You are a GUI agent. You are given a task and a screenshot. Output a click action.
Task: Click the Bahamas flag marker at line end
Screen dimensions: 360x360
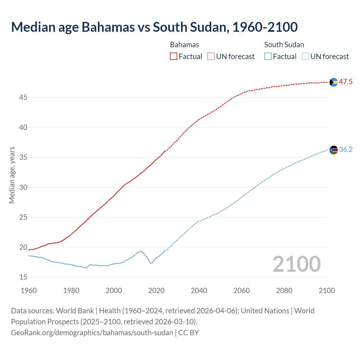click(x=334, y=82)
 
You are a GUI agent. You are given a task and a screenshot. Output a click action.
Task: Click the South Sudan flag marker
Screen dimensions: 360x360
click(x=334, y=150)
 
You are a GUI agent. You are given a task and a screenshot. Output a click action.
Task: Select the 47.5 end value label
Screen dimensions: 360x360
click(x=346, y=82)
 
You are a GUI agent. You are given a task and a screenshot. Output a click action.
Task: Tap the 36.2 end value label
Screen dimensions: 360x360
click(x=346, y=150)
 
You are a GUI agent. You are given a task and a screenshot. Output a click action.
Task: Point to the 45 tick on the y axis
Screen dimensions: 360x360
click(x=23, y=98)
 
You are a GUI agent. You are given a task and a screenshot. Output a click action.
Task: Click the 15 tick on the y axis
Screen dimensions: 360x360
click(x=23, y=277)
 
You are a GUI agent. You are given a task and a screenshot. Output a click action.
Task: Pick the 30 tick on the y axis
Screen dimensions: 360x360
click(x=23, y=187)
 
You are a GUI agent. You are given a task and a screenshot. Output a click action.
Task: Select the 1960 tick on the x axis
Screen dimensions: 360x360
click(x=29, y=291)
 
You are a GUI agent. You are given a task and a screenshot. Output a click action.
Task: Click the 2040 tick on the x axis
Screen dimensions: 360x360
click(x=199, y=291)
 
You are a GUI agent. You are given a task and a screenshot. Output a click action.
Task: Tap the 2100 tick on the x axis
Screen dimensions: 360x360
click(x=327, y=291)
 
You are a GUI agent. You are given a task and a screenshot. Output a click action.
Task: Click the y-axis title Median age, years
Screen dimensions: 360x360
click(x=12, y=175)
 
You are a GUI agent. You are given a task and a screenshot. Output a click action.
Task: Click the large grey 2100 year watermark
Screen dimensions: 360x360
click(x=296, y=264)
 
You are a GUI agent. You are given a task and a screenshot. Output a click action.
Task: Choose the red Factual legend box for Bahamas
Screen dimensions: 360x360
click(x=174, y=57)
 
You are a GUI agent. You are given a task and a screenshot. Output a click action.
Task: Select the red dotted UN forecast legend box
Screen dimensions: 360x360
click(x=211, y=57)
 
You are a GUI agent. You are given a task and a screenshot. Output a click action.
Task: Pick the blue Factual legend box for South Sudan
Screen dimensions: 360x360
click(x=268, y=57)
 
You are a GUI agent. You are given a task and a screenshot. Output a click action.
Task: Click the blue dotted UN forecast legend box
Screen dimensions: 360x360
click(x=305, y=57)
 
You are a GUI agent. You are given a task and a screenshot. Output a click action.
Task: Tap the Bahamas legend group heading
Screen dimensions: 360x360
click(x=184, y=45)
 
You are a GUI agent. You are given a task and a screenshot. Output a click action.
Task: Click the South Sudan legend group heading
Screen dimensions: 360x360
click(x=284, y=45)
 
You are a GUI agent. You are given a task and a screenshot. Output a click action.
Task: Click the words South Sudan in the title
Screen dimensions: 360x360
click(x=190, y=27)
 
